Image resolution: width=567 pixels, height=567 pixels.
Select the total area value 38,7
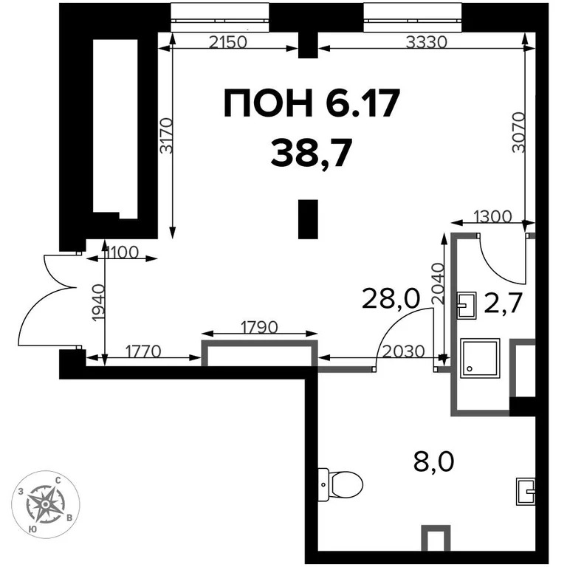point(309,153)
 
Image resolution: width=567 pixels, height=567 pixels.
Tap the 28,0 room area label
point(390,299)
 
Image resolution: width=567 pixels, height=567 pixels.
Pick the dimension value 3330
point(426,41)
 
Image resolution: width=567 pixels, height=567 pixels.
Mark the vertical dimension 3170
point(165,136)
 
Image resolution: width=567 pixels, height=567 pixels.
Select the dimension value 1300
point(490,216)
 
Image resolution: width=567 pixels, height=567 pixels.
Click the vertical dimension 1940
point(97,300)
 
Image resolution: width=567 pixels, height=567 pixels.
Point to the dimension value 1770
point(145,351)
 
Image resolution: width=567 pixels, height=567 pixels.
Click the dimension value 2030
point(403,351)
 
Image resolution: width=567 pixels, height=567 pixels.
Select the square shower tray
point(480,358)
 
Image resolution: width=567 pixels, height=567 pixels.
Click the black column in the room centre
point(308,219)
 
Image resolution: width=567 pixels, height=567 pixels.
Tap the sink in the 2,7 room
point(467,305)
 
